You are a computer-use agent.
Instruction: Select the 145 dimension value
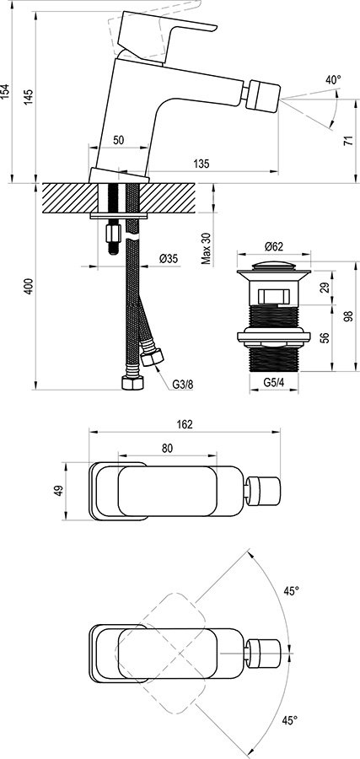pyautogui.click(x=30, y=96)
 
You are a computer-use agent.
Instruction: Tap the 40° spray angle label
pyautogui.click(x=333, y=80)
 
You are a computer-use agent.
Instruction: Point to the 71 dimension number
pyautogui.click(x=348, y=143)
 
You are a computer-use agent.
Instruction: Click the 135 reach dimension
pyautogui.click(x=201, y=163)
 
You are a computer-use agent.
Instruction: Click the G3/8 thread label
pyautogui.click(x=182, y=384)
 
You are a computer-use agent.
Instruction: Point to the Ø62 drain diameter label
pyautogui.click(x=272, y=246)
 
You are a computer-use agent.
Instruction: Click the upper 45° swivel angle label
pyautogui.click(x=290, y=592)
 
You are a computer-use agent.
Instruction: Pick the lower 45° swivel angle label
pyautogui.click(x=290, y=720)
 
